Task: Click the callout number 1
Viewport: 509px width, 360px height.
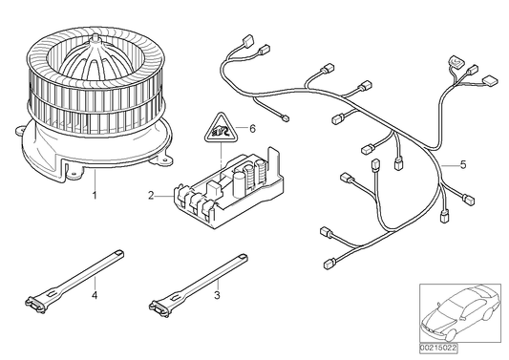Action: (x=95, y=196)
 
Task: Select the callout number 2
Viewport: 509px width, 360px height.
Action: (x=151, y=196)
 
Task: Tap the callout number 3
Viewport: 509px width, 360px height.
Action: (x=217, y=295)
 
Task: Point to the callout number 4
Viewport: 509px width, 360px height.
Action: (x=95, y=295)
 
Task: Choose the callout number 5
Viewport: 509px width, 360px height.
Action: (x=463, y=164)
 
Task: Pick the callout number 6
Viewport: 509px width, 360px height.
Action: (x=252, y=129)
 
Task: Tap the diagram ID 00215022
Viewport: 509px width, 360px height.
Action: (x=438, y=348)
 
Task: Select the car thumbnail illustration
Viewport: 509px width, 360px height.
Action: (x=460, y=313)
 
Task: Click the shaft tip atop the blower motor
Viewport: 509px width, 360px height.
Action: (x=95, y=37)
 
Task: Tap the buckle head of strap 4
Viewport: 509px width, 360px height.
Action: (x=35, y=306)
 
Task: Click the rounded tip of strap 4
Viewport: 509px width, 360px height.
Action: (x=119, y=252)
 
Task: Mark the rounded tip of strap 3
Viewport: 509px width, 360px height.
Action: (x=243, y=257)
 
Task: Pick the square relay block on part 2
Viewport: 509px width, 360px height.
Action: (x=212, y=189)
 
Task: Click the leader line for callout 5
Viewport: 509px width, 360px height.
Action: (x=450, y=164)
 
